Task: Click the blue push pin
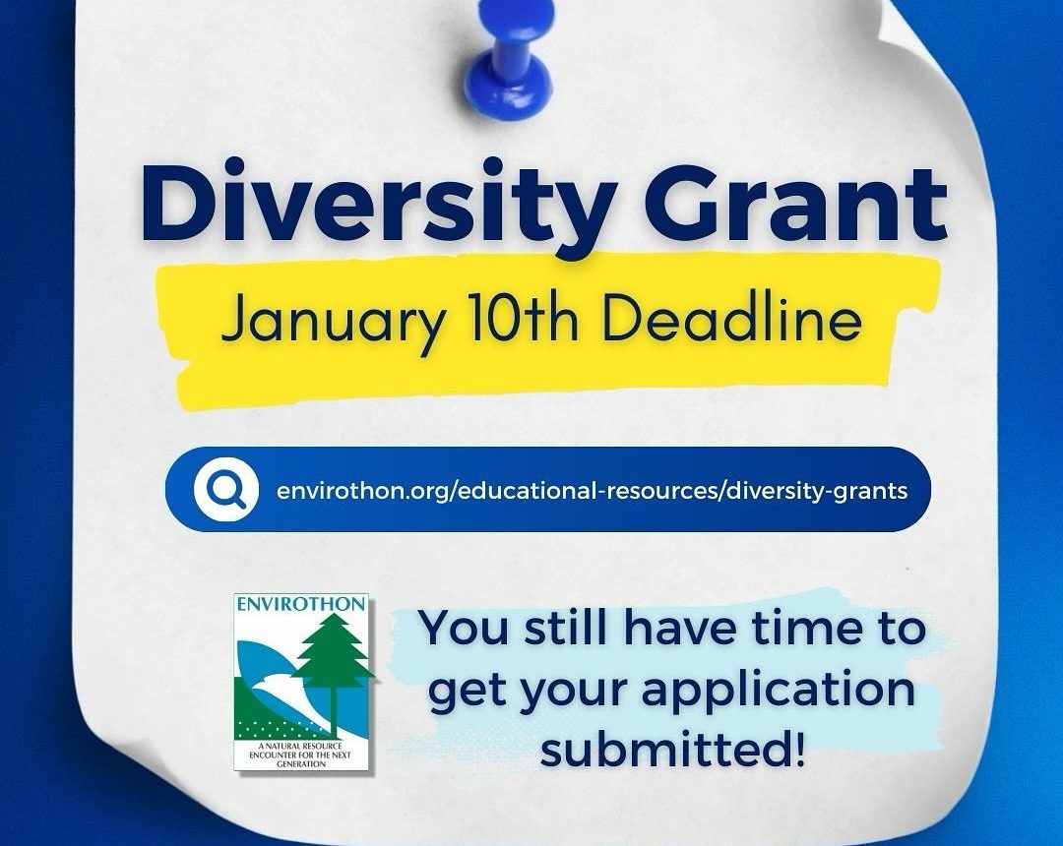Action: (x=512, y=58)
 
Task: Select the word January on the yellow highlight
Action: (x=333, y=321)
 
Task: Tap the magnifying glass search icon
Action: (x=225, y=489)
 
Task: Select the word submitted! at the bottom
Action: (x=673, y=749)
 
